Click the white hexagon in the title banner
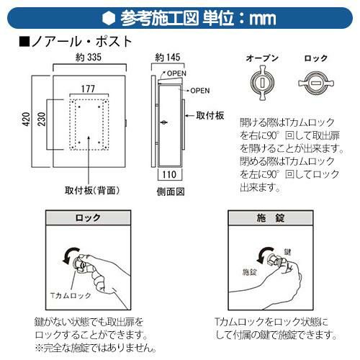pyautogui.click(x=109, y=18)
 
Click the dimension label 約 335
pyautogui.click(x=89, y=58)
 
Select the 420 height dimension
pyautogui.click(x=27, y=119)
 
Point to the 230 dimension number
pyautogui.click(x=42, y=120)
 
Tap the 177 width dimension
pyautogui.click(x=88, y=89)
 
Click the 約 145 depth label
pyautogui.click(x=168, y=58)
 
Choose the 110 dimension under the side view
pyautogui.click(x=169, y=174)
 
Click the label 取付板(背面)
pyautogui.click(x=92, y=191)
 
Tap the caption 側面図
pyautogui.click(x=171, y=192)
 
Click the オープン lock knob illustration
pyautogui.click(x=262, y=83)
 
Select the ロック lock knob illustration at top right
pyautogui.click(x=316, y=84)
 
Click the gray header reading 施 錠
pyautogui.click(x=271, y=218)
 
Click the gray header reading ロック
pyautogui.click(x=88, y=217)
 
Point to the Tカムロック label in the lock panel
pyautogui.click(x=71, y=295)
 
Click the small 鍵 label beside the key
pyautogui.click(x=287, y=252)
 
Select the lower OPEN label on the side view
pyautogui.click(x=200, y=91)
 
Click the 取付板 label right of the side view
pyautogui.click(x=210, y=116)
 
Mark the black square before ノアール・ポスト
pyautogui.click(x=24, y=42)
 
